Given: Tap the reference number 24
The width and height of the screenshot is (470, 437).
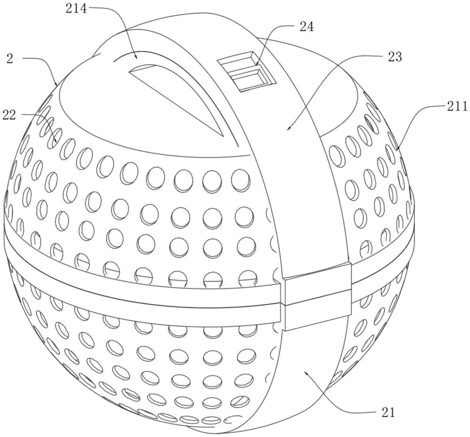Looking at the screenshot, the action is [x=306, y=27].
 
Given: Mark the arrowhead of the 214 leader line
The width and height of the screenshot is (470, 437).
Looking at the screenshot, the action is [x=136, y=57].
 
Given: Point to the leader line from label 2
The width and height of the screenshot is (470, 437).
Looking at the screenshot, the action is [x=45, y=66].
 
